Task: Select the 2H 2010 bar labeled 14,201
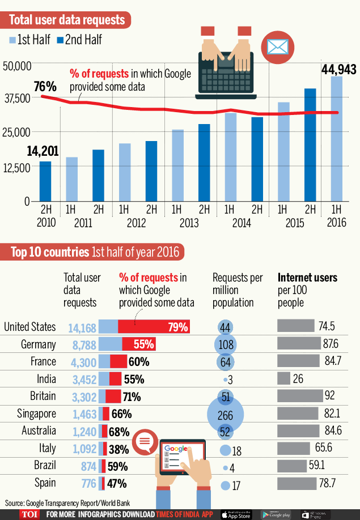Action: [45, 181]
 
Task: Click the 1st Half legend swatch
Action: [12, 40]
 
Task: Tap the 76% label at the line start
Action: [45, 87]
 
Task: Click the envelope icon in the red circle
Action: [277, 47]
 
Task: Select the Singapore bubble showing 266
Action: [225, 415]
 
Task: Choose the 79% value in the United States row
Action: [177, 327]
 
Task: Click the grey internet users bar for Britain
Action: [299, 396]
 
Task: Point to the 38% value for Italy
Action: [118, 449]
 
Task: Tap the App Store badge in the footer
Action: [236, 514]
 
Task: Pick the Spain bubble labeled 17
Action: [226, 485]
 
